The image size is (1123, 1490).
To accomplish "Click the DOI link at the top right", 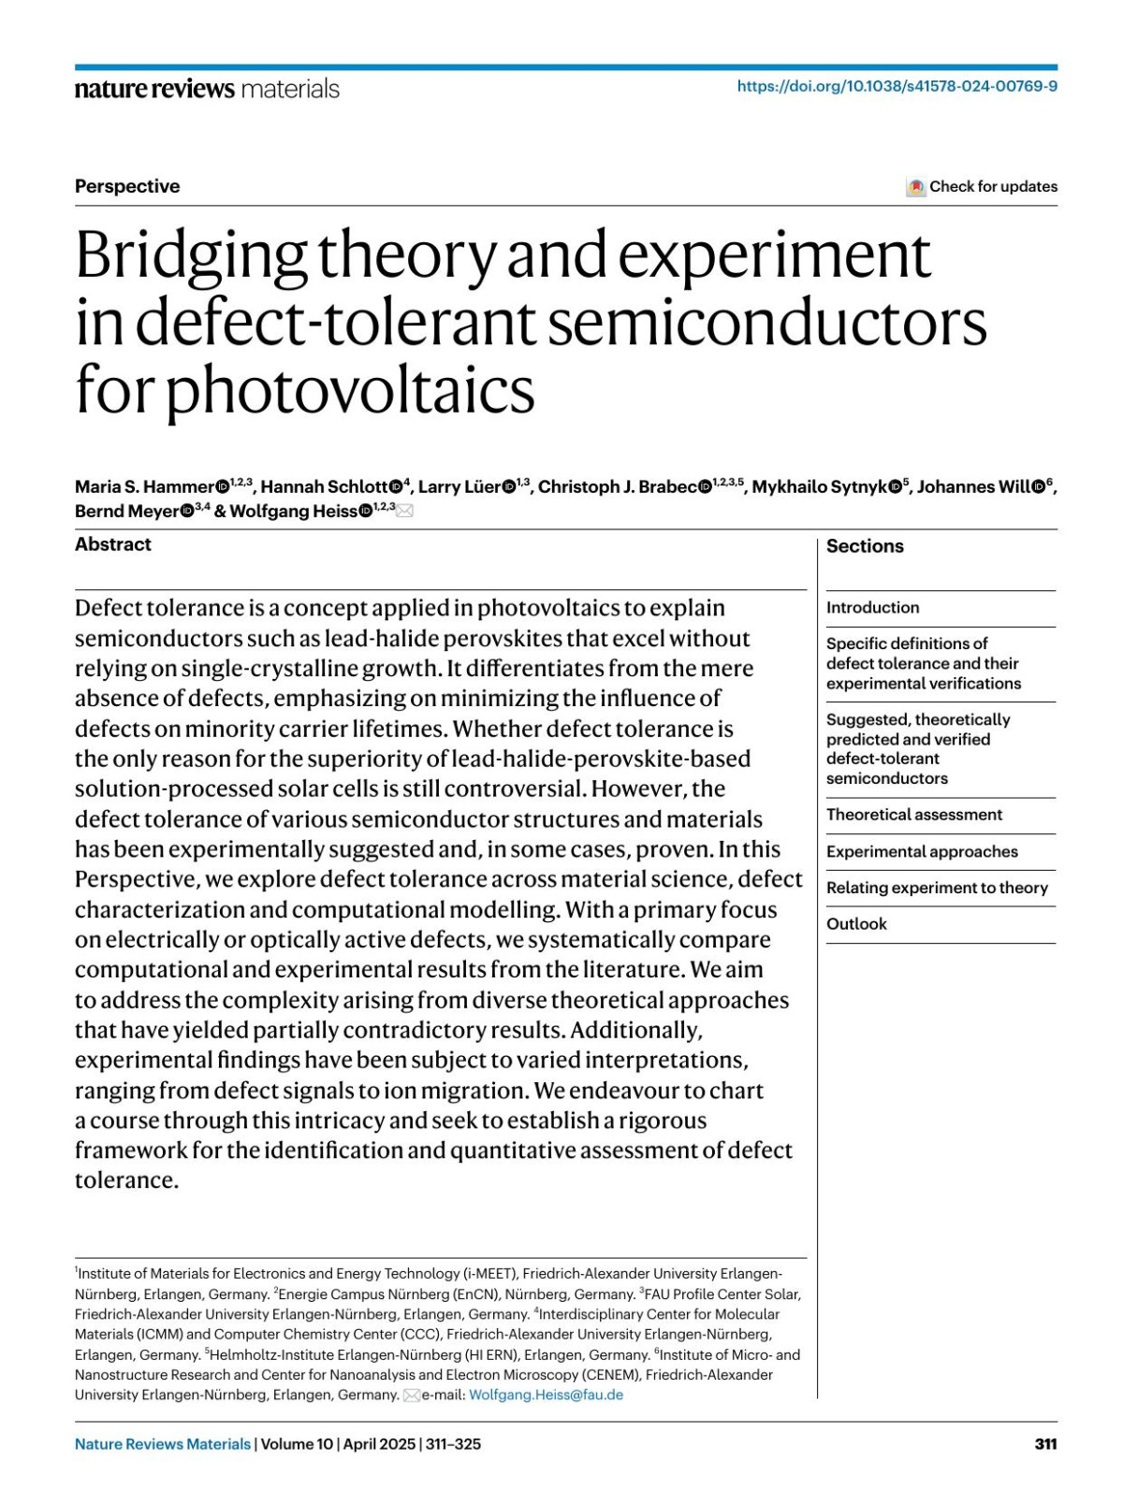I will tap(897, 86).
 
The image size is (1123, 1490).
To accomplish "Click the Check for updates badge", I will tap(982, 186).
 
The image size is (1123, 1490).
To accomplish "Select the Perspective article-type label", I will tap(127, 186).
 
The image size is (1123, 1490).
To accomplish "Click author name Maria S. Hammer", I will tap(144, 486).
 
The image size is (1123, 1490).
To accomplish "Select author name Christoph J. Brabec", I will tap(617, 486).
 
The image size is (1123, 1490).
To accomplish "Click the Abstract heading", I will tap(113, 544).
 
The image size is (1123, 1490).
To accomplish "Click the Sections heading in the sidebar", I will tap(865, 546).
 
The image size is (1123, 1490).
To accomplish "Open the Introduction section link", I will tap(872, 608).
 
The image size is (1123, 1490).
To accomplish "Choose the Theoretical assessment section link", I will tap(913, 815).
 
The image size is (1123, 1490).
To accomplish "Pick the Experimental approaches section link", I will tap(922, 851).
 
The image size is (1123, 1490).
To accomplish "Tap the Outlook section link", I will tap(856, 924).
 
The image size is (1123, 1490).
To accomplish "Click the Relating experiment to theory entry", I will tap(937, 888).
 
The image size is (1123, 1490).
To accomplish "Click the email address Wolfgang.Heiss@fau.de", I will tap(546, 1395).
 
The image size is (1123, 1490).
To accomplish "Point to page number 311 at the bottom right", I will tap(1045, 1444).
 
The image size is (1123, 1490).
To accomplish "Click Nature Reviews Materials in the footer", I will tap(163, 1444).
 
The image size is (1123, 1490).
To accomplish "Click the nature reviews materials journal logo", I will tap(207, 89).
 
